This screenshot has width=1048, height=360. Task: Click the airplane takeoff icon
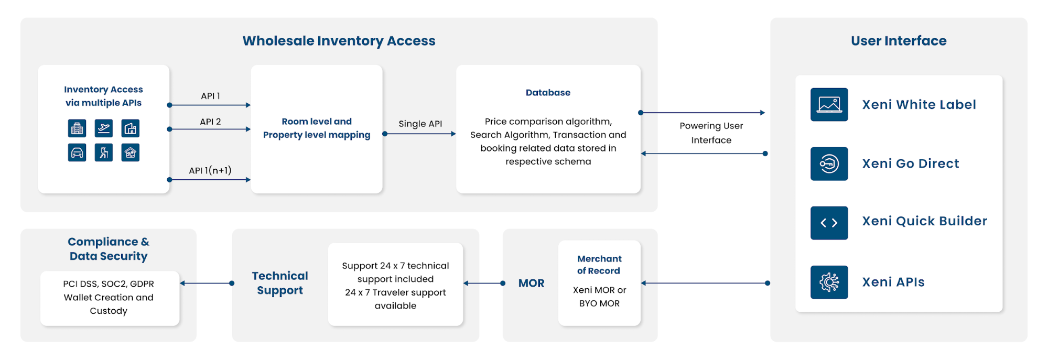click(x=104, y=128)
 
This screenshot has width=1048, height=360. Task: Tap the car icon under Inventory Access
click(x=77, y=152)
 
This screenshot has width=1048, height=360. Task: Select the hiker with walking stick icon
click(x=104, y=152)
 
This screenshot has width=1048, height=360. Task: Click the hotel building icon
click(x=77, y=128)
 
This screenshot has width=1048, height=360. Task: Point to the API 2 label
click(x=210, y=122)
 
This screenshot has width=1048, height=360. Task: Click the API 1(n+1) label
click(x=210, y=170)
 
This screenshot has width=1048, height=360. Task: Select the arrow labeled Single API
click(x=420, y=134)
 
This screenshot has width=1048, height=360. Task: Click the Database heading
click(x=548, y=93)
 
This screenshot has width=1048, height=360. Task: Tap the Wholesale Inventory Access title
click(x=339, y=41)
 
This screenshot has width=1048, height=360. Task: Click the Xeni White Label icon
click(x=829, y=104)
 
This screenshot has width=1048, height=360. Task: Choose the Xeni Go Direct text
click(x=911, y=163)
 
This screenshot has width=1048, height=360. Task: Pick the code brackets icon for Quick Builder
click(x=829, y=223)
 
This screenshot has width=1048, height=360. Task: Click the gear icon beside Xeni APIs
click(x=829, y=282)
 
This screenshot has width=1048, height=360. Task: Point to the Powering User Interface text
click(x=711, y=133)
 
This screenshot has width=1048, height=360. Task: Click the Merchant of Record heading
click(x=599, y=265)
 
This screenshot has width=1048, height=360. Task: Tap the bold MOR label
click(x=531, y=283)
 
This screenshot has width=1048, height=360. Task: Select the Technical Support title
click(x=280, y=283)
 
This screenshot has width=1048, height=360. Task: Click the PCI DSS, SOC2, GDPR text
click(x=109, y=284)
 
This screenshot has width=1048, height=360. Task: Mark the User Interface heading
click(x=899, y=41)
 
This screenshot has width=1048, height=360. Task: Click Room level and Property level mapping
click(x=317, y=128)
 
